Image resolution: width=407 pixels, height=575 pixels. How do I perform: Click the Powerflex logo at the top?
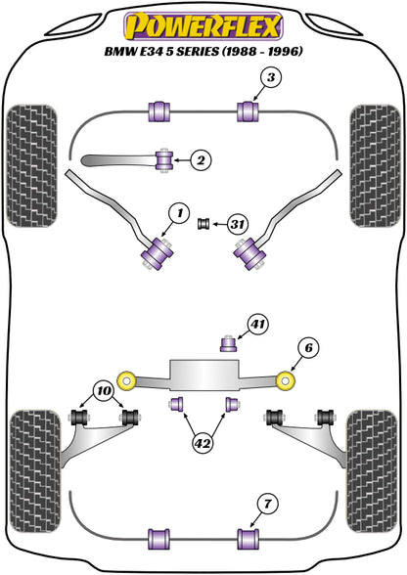[x=203, y=26]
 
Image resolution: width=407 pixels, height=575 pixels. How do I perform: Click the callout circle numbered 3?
[x=270, y=77]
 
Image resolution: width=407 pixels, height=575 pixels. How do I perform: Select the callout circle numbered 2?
[x=202, y=160]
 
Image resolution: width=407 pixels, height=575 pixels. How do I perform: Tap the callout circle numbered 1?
[x=179, y=213]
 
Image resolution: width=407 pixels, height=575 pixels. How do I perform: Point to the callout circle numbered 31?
[x=238, y=224]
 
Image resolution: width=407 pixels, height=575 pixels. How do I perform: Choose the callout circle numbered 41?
[x=257, y=325]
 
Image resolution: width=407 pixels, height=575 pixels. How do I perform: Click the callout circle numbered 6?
[x=308, y=347]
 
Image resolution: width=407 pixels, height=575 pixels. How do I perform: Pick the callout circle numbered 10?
[x=104, y=391]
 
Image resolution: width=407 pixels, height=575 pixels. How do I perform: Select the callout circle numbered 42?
[x=203, y=444]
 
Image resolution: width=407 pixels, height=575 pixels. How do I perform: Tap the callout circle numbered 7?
[x=267, y=504]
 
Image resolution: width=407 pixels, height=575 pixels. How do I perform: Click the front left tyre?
[x=32, y=166]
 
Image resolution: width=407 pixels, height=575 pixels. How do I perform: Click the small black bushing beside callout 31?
[x=203, y=223]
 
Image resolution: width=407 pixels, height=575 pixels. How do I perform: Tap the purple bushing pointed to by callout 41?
[x=228, y=343]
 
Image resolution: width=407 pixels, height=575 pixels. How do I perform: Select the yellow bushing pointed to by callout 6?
[x=286, y=380]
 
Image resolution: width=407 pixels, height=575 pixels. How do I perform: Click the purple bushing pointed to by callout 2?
[x=164, y=160]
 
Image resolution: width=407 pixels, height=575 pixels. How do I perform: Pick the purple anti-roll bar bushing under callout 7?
[x=249, y=539]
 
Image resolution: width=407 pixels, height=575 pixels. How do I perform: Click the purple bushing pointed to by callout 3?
[x=248, y=111]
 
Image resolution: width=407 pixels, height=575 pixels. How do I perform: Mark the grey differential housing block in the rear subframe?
[x=204, y=375]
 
